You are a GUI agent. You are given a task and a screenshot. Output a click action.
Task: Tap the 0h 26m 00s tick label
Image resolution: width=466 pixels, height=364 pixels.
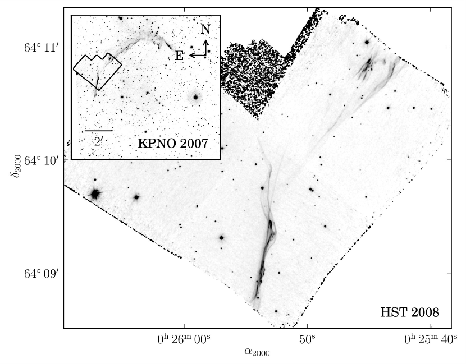click(x=184, y=340)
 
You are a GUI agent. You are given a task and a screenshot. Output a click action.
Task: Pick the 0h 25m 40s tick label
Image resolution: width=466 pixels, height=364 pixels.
click(x=431, y=340)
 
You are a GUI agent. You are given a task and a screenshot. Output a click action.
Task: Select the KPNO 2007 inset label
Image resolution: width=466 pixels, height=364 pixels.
click(x=173, y=143)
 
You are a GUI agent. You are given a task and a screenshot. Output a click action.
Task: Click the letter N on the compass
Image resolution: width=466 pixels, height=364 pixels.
click(x=206, y=30)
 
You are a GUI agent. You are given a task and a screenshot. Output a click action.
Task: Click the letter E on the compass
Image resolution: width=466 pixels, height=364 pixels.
click(x=179, y=56)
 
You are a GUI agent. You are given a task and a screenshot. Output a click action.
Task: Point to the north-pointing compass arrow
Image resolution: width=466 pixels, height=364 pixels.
click(x=207, y=46)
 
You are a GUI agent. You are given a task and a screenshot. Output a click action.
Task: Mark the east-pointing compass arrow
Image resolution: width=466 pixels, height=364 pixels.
click(x=197, y=55)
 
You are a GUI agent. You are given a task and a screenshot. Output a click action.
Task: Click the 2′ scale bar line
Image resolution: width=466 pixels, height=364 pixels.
click(x=99, y=131)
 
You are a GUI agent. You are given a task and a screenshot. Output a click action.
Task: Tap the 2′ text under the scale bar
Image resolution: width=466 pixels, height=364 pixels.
click(x=98, y=140)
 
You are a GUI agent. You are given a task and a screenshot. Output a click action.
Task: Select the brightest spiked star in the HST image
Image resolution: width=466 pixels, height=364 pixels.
click(x=95, y=194)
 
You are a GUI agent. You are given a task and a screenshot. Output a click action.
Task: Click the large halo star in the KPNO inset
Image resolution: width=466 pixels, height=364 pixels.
click(x=195, y=97)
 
